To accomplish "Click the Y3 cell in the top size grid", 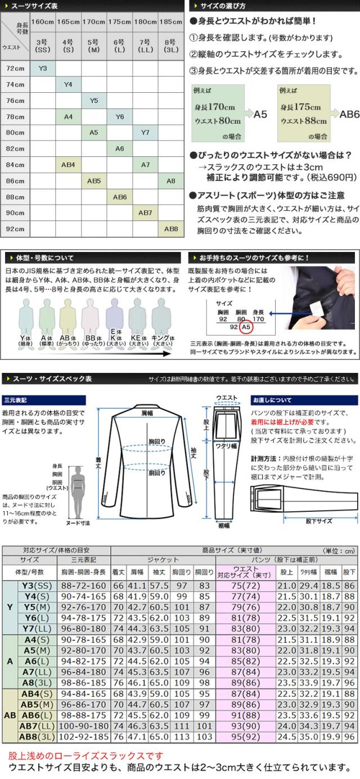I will (43, 68).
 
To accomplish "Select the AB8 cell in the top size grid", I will (170, 229).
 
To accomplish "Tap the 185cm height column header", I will (170, 22).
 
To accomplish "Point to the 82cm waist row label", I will (15, 148).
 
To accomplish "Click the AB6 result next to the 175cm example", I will (349, 114).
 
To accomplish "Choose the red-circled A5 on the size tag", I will (245, 326).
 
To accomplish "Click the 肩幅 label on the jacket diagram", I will (147, 413).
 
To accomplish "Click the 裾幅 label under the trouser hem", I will (223, 525).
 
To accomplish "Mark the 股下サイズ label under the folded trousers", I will (318, 521).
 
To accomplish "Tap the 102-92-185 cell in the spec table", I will (83, 736).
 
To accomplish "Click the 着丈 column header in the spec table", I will (118, 572).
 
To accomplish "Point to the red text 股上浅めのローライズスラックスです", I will (86, 755).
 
